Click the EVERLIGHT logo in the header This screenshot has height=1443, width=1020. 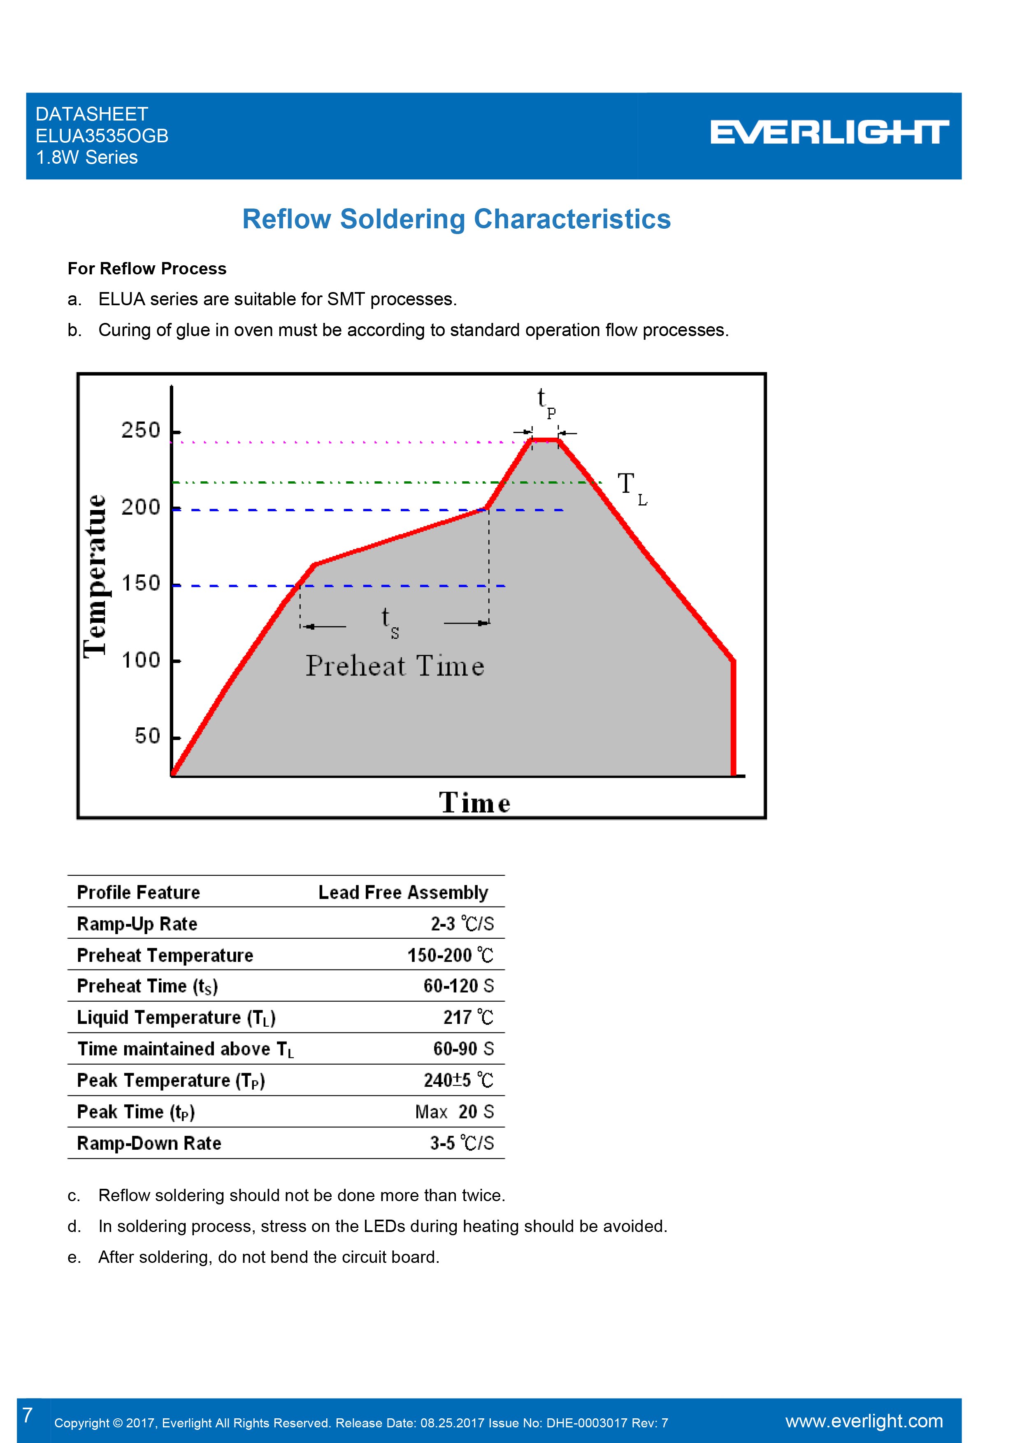829,132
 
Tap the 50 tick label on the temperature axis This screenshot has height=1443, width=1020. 148,736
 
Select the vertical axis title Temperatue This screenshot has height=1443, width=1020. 95,576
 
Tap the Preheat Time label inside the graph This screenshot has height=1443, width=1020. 395,666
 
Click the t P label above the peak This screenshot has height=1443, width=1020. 545,402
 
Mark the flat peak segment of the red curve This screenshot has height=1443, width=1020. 545,440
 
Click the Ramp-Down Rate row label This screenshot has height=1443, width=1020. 149,1143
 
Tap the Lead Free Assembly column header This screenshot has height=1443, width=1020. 403,893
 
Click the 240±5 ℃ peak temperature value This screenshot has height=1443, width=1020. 458,1080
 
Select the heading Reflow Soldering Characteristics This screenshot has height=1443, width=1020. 456,219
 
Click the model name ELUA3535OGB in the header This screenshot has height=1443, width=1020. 102,136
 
